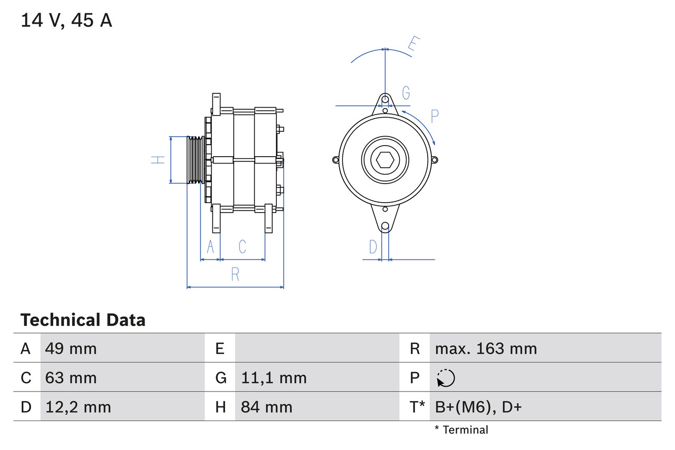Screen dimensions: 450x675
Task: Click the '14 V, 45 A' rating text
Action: point(66,21)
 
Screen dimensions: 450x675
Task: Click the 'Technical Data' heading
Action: point(83,320)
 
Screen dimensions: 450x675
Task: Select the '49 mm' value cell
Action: point(71,348)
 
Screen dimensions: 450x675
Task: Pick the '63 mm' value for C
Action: point(71,378)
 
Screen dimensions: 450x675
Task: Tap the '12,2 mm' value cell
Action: point(78,407)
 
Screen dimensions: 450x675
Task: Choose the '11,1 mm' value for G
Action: point(274,378)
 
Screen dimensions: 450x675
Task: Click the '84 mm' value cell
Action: point(266,407)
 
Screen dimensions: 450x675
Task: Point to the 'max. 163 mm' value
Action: point(486,348)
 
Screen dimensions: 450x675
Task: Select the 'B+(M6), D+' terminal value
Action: point(478,407)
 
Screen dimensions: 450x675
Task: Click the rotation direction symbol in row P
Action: point(446,378)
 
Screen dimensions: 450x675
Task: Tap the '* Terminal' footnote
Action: point(461,430)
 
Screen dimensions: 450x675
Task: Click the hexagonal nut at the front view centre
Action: point(385,159)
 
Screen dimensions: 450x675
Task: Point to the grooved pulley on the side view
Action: point(196,160)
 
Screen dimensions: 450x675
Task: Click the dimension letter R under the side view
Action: point(235,274)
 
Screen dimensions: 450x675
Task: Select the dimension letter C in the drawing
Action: point(242,246)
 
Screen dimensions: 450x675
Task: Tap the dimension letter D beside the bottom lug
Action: point(373,246)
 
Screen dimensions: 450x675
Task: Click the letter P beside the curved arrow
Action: point(435,116)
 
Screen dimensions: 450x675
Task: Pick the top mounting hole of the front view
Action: point(385,99)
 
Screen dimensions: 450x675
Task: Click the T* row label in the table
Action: point(417,407)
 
